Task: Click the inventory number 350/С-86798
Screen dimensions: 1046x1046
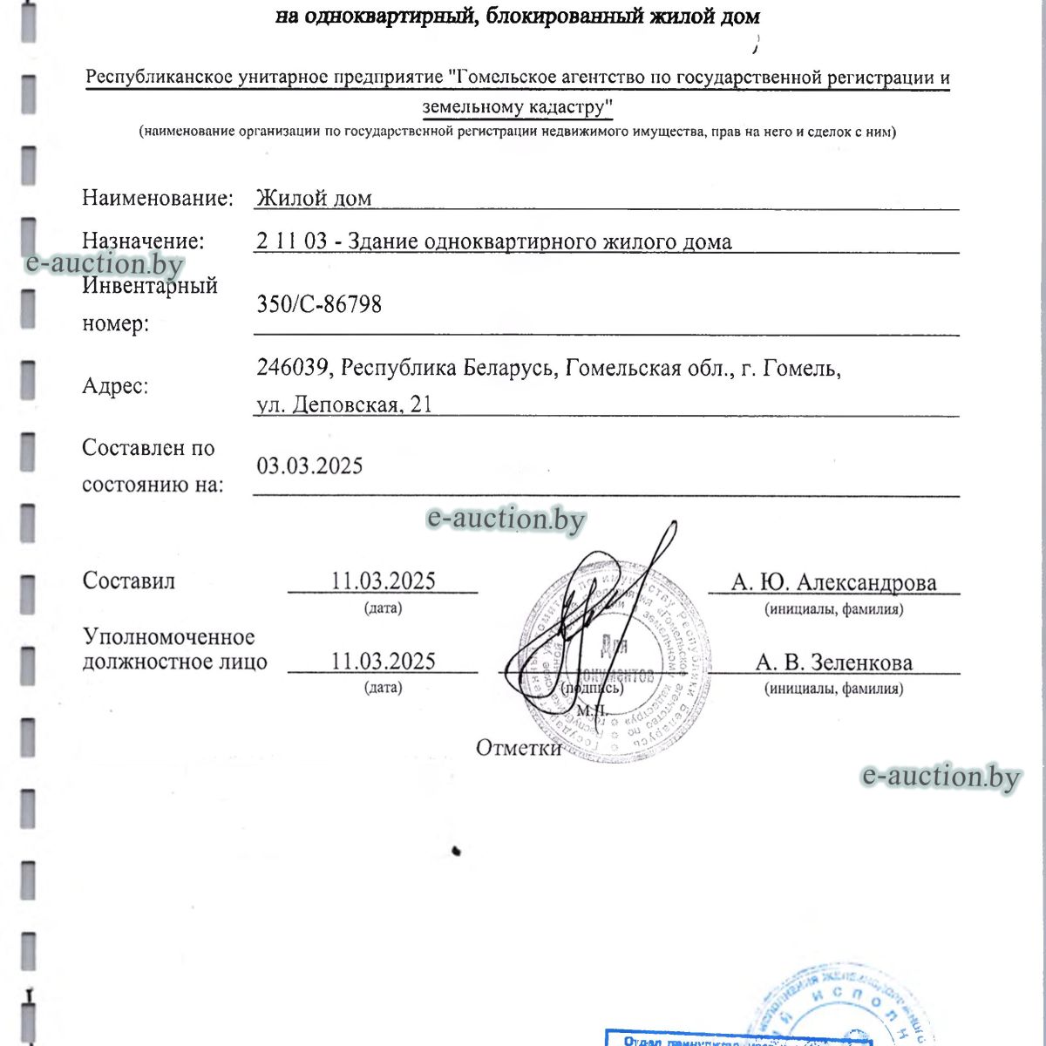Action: point(319,304)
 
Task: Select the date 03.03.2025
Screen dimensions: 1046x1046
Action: point(309,465)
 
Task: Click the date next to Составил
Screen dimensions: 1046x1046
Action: point(383,581)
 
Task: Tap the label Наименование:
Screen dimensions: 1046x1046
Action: point(158,198)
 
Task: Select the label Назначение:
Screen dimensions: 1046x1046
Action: point(143,241)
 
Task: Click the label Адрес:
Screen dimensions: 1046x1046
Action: point(115,385)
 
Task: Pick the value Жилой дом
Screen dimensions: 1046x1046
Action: point(314,199)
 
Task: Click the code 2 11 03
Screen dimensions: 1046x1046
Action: point(291,241)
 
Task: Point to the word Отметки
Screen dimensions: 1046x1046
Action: point(518,748)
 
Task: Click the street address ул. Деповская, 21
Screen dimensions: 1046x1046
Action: point(344,404)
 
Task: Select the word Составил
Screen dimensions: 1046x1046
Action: point(128,581)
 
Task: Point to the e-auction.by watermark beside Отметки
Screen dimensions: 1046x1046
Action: point(941,776)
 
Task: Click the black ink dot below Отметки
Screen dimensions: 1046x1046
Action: point(456,850)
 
